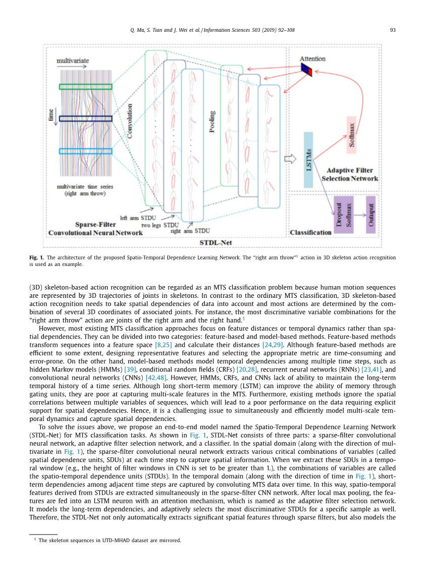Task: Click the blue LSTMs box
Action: point(308,160)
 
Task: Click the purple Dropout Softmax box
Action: point(344,215)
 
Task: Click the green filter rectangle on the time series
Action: point(85,87)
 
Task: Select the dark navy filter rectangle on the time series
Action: point(85,119)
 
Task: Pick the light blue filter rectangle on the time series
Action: point(85,151)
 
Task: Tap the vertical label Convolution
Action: point(130,121)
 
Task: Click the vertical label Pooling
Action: point(212,122)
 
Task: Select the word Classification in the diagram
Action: point(310,232)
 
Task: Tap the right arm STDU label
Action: point(190,231)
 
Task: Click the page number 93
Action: point(393,30)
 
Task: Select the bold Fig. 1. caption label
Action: point(36,257)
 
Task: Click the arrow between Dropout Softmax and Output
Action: point(359,214)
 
